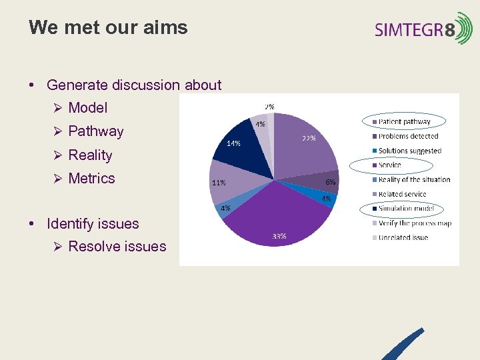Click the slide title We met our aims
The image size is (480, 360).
(x=108, y=28)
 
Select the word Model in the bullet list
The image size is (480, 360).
(x=87, y=108)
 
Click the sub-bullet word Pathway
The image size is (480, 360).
(x=96, y=131)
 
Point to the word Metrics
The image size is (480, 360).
(x=91, y=179)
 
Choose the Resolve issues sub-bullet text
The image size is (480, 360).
(x=117, y=247)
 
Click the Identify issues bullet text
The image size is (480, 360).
(x=93, y=224)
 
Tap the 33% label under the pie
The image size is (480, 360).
(x=279, y=236)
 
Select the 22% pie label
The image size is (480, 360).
(x=308, y=138)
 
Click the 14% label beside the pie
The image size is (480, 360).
(x=233, y=143)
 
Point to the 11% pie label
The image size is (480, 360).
(x=218, y=182)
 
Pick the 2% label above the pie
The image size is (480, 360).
(x=269, y=106)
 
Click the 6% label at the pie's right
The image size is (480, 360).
(x=330, y=182)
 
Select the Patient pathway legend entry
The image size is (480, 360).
(x=404, y=122)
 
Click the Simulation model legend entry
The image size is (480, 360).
(x=405, y=209)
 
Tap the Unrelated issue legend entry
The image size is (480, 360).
(x=403, y=237)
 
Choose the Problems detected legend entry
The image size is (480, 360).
(x=408, y=136)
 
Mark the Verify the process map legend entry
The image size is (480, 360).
(x=415, y=223)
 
